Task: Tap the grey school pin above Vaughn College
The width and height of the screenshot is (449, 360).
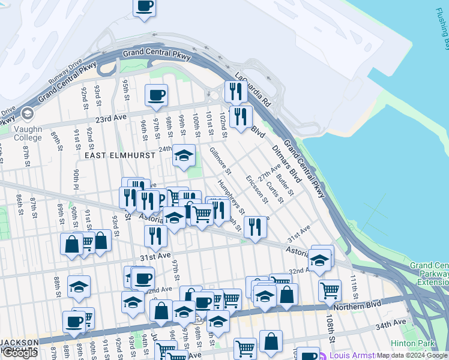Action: coord(27,114)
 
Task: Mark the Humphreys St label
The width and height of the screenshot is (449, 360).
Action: coord(231,197)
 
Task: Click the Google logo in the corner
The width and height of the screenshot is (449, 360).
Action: coord(20,353)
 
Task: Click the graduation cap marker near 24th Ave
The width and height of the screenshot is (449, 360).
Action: coord(184,157)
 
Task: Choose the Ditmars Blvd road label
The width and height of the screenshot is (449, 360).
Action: coord(286,163)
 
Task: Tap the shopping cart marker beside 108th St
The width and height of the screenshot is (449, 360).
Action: coord(330,290)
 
